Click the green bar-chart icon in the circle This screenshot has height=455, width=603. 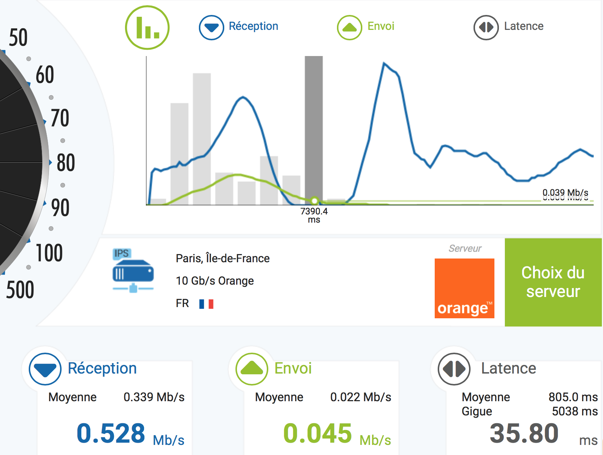pyautogui.click(x=147, y=27)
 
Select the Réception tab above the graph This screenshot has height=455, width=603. pyautogui.click(x=239, y=27)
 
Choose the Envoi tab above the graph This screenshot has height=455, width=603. pyautogui.click(x=366, y=27)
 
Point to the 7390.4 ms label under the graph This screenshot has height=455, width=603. pyautogui.click(x=314, y=215)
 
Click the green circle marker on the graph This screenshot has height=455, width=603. pyautogui.click(x=315, y=201)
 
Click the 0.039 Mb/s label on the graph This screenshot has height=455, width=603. pyautogui.click(x=565, y=193)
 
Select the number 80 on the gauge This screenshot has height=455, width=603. pyautogui.click(x=66, y=163)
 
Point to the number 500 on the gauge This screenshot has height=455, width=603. pyautogui.click(x=20, y=290)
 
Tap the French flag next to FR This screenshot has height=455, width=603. pyautogui.click(x=206, y=304)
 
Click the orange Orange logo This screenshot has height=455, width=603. pyautogui.click(x=464, y=288)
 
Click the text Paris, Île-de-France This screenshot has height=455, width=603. pyautogui.click(x=222, y=259)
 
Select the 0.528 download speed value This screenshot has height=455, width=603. pyautogui.click(x=111, y=433)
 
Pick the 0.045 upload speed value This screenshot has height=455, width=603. pyautogui.click(x=318, y=433)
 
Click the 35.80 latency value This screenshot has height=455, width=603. pyautogui.click(x=524, y=433)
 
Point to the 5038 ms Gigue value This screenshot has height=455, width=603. pyautogui.click(x=575, y=411)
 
